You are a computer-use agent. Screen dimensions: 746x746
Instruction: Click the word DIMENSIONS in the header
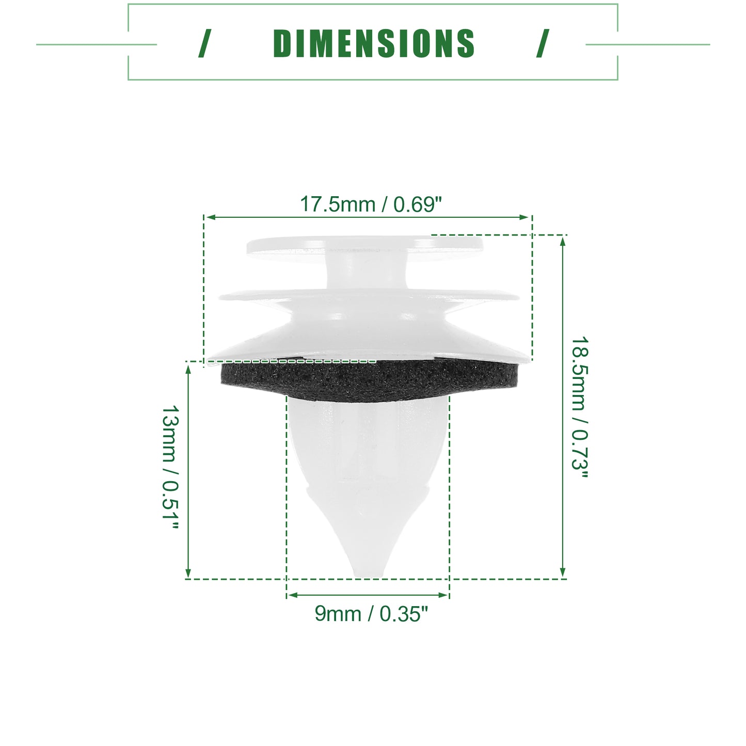(x=373, y=44)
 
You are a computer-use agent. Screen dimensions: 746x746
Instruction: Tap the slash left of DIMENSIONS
(x=204, y=44)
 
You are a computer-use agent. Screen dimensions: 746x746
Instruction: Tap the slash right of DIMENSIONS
(x=543, y=44)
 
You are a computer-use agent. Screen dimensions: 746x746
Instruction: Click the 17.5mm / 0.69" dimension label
(x=371, y=204)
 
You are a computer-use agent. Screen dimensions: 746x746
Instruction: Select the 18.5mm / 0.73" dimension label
(x=580, y=407)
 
